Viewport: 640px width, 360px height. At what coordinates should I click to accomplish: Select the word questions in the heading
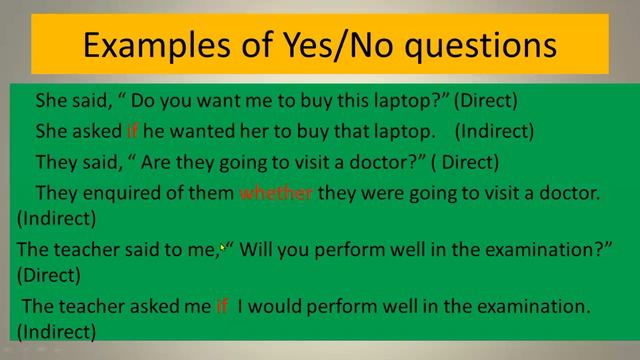(x=482, y=46)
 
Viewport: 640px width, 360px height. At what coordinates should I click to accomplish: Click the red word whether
(x=276, y=193)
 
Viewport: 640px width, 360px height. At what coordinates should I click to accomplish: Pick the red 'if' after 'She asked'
(x=132, y=131)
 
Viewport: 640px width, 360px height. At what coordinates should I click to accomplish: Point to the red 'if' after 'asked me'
(x=222, y=307)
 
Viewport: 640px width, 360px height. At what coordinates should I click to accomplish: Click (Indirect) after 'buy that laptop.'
(x=494, y=131)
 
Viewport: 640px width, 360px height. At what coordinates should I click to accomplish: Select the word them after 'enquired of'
(x=212, y=193)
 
